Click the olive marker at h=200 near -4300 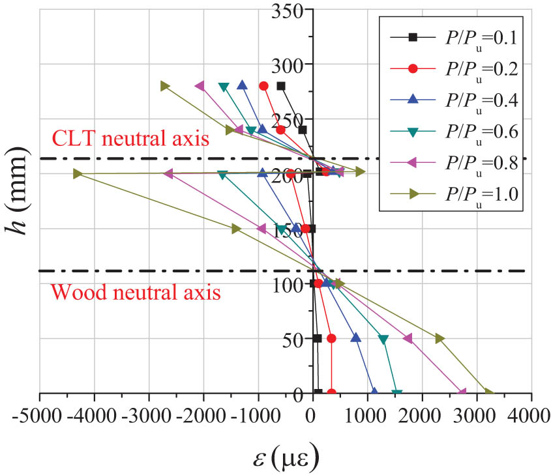[x=78, y=174]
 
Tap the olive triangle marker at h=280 [x=165, y=86]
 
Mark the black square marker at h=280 [x=281, y=86]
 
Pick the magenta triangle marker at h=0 [x=462, y=392]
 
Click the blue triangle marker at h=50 [x=356, y=338]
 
